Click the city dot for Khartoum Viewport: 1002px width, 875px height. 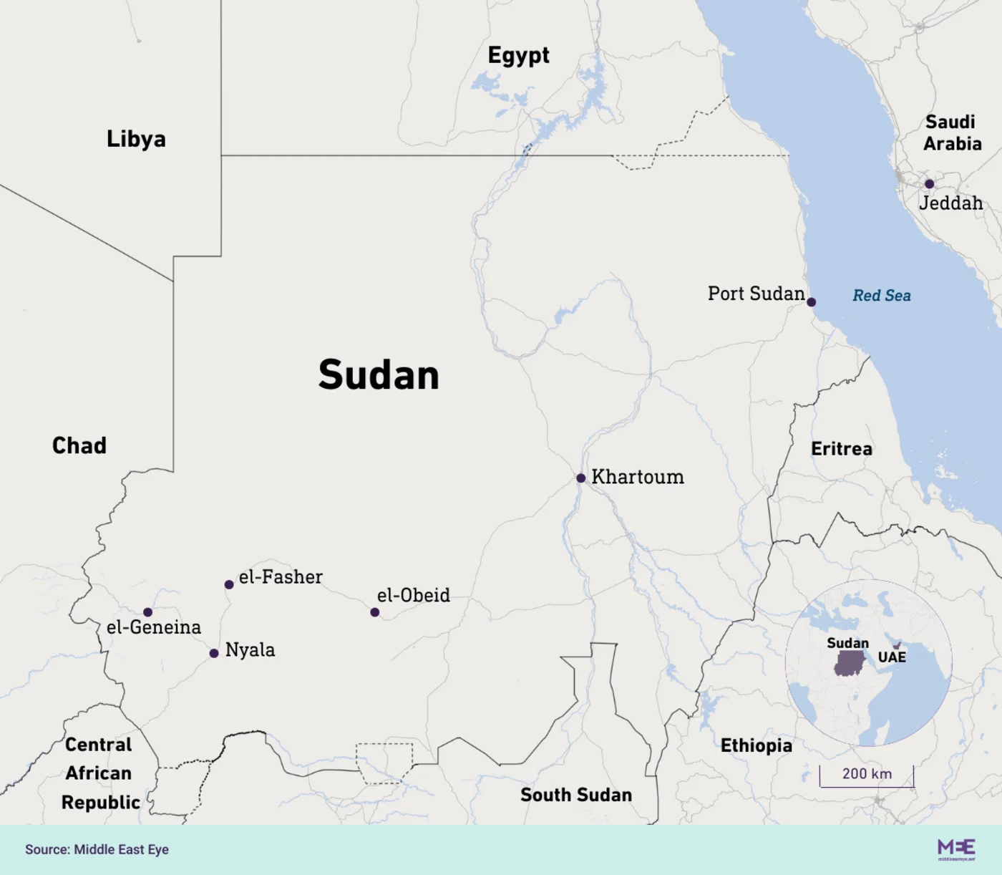(581, 478)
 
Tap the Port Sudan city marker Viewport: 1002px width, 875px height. (811, 302)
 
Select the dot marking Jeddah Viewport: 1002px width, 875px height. (929, 184)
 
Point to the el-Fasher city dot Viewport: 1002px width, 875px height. (229, 585)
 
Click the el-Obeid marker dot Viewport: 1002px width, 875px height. (375, 612)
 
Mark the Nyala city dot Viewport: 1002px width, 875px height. (214, 653)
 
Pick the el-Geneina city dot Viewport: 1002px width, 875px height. (147, 612)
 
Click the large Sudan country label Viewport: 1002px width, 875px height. (379, 375)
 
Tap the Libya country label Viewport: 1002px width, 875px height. (136, 139)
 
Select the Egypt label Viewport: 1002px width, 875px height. (518, 56)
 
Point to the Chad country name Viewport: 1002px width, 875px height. (79, 445)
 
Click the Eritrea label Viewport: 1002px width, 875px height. (842, 449)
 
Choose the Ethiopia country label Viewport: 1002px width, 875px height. (756, 745)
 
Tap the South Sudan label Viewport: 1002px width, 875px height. (576, 795)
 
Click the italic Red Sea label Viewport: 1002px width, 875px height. (882, 296)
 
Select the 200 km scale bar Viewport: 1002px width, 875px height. (867, 776)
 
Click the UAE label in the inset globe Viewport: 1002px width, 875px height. (892, 657)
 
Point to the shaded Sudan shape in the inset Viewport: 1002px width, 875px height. (849, 664)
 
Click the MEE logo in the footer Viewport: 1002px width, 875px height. (956, 849)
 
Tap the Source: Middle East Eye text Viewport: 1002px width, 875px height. (97, 849)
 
